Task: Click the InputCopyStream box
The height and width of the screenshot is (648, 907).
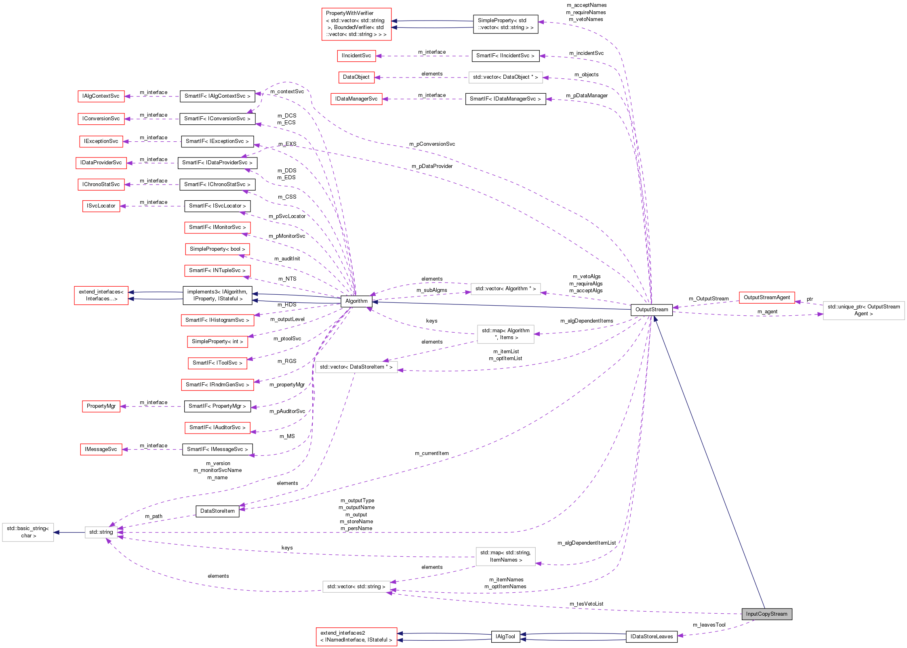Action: click(x=766, y=614)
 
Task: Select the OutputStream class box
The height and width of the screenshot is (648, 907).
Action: click(x=651, y=310)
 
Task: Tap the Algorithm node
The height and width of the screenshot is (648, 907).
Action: click(x=356, y=301)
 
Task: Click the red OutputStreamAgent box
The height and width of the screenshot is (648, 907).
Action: click(x=766, y=298)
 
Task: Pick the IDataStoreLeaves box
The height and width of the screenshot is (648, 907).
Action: click(x=651, y=637)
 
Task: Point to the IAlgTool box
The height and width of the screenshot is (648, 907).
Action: click(x=505, y=637)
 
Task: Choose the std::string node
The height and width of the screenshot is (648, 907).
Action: click(x=101, y=532)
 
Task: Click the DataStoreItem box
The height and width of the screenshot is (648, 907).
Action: click(x=217, y=511)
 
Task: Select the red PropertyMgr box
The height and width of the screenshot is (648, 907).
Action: click(x=101, y=406)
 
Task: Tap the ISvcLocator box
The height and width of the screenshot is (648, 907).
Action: click(x=101, y=206)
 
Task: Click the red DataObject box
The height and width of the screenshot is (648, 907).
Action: click(x=356, y=77)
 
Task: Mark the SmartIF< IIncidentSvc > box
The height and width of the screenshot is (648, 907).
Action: click(x=505, y=56)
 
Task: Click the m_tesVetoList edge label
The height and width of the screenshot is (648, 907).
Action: click(x=586, y=604)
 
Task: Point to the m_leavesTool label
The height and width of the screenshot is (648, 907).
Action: click(x=709, y=625)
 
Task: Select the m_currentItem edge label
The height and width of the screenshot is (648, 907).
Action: click(x=431, y=453)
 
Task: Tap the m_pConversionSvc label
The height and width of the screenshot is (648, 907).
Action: click(x=432, y=144)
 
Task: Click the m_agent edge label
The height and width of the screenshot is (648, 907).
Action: click(x=767, y=312)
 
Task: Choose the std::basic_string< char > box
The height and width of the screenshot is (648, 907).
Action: click(x=28, y=532)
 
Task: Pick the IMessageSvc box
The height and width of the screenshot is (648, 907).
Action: click(x=101, y=449)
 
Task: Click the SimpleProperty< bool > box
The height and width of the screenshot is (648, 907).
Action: click(x=217, y=249)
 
